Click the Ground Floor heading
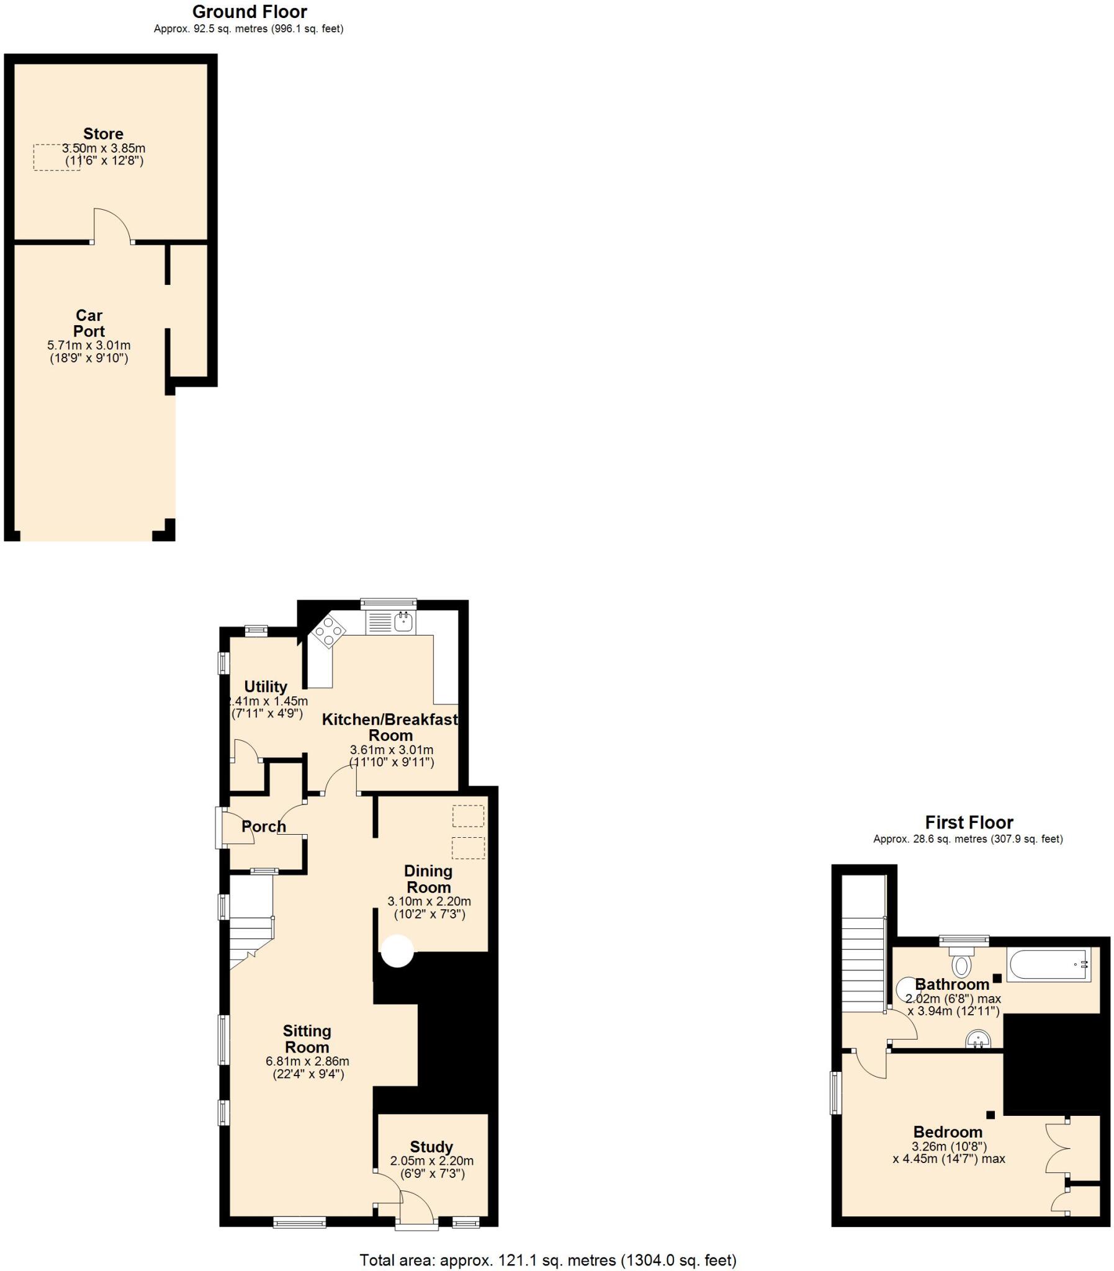coord(249,12)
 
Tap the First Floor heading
coord(969,822)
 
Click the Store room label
coord(103,133)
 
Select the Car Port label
coord(89,323)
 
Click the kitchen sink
coord(404,621)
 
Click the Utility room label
coord(266,687)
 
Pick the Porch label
coord(264,827)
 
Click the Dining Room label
coord(428,879)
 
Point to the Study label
coord(431,1147)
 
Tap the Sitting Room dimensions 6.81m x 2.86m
coord(307,1061)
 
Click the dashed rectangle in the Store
coord(56,157)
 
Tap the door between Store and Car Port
coord(112,227)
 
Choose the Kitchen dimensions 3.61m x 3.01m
coord(392,750)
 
